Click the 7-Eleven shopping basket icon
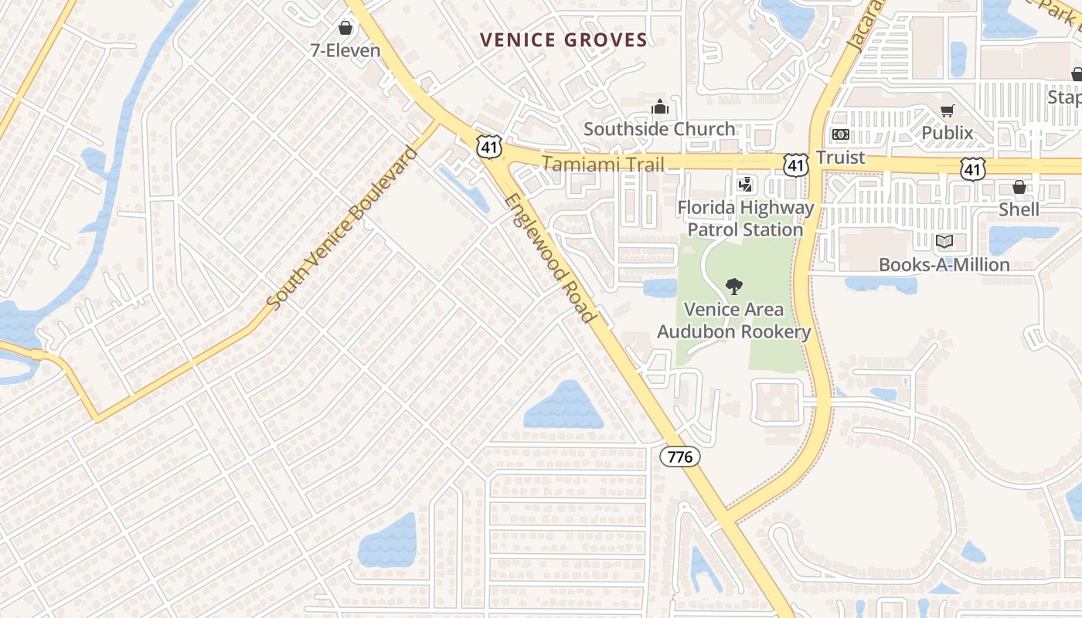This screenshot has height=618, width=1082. tap(345, 29)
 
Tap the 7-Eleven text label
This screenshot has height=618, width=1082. tap(345, 51)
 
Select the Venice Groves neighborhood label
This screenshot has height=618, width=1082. tap(563, 40)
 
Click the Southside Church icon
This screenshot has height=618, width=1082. tap(659, 107)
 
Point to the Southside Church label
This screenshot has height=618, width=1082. tap(659, 129)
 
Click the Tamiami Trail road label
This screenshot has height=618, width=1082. tap(603, 164)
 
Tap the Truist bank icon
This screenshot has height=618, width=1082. tap(840, 134)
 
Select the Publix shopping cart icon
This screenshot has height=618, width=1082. tap(948, 111)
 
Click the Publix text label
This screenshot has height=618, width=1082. tap(948, 133)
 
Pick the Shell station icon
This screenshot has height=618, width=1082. tap(1019, 187)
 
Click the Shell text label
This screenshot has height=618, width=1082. tap(1019, 209)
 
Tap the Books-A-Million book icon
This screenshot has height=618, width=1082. tap(944, 242)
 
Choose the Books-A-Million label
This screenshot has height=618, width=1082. tap(944, 264)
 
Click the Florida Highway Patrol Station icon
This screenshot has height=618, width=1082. tap(746, 185)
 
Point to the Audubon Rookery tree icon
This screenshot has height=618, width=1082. tap(733, 287)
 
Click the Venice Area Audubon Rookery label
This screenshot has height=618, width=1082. tap(733, 321)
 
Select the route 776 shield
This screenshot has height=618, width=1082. tap(680, 457)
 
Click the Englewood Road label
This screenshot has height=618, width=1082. tap(550, 258)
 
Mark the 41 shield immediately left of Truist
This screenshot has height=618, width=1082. tap(796, 164)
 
